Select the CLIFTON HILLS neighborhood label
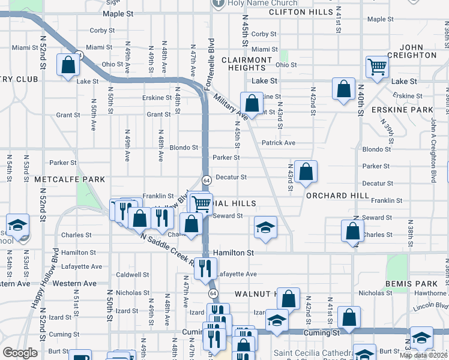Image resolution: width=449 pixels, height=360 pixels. [x=301, y=12]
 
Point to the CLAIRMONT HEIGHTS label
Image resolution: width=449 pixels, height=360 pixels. [x=247, y=64]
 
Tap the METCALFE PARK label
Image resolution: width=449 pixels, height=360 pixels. [x=70, y=179]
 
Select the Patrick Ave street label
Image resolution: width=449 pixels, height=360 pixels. [x=279, y=143]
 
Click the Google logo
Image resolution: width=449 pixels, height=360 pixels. [x=20, y=352]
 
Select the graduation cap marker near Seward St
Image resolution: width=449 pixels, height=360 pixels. [x=265, y=227]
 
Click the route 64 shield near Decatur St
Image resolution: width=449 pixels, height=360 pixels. [x=206, y=180]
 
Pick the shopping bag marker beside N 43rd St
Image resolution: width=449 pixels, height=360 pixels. [x=306, y=171]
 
